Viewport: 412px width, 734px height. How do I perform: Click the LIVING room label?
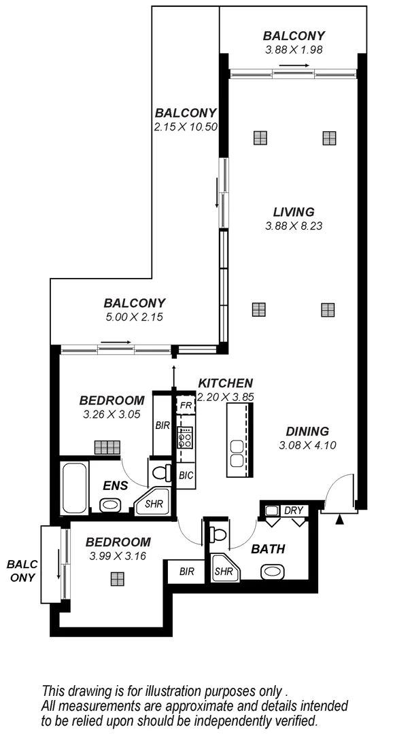tap(294, 211)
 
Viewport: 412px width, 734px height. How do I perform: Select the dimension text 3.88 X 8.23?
tap(293, 226)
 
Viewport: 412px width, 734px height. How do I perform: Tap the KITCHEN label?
tap(226, 384)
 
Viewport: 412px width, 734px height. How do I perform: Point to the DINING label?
tap(307, 431)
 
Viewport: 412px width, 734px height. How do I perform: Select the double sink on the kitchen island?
tap(237, 453)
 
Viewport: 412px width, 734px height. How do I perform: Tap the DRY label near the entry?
tap(294, 510)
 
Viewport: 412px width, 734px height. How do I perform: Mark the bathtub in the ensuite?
tap(73, 487)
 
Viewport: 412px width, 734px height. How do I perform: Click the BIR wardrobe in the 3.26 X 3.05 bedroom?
tap(162, 426)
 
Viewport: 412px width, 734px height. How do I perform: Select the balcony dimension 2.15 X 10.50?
tap(186, 126)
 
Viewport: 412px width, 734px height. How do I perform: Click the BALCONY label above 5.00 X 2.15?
tap(135, 303)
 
